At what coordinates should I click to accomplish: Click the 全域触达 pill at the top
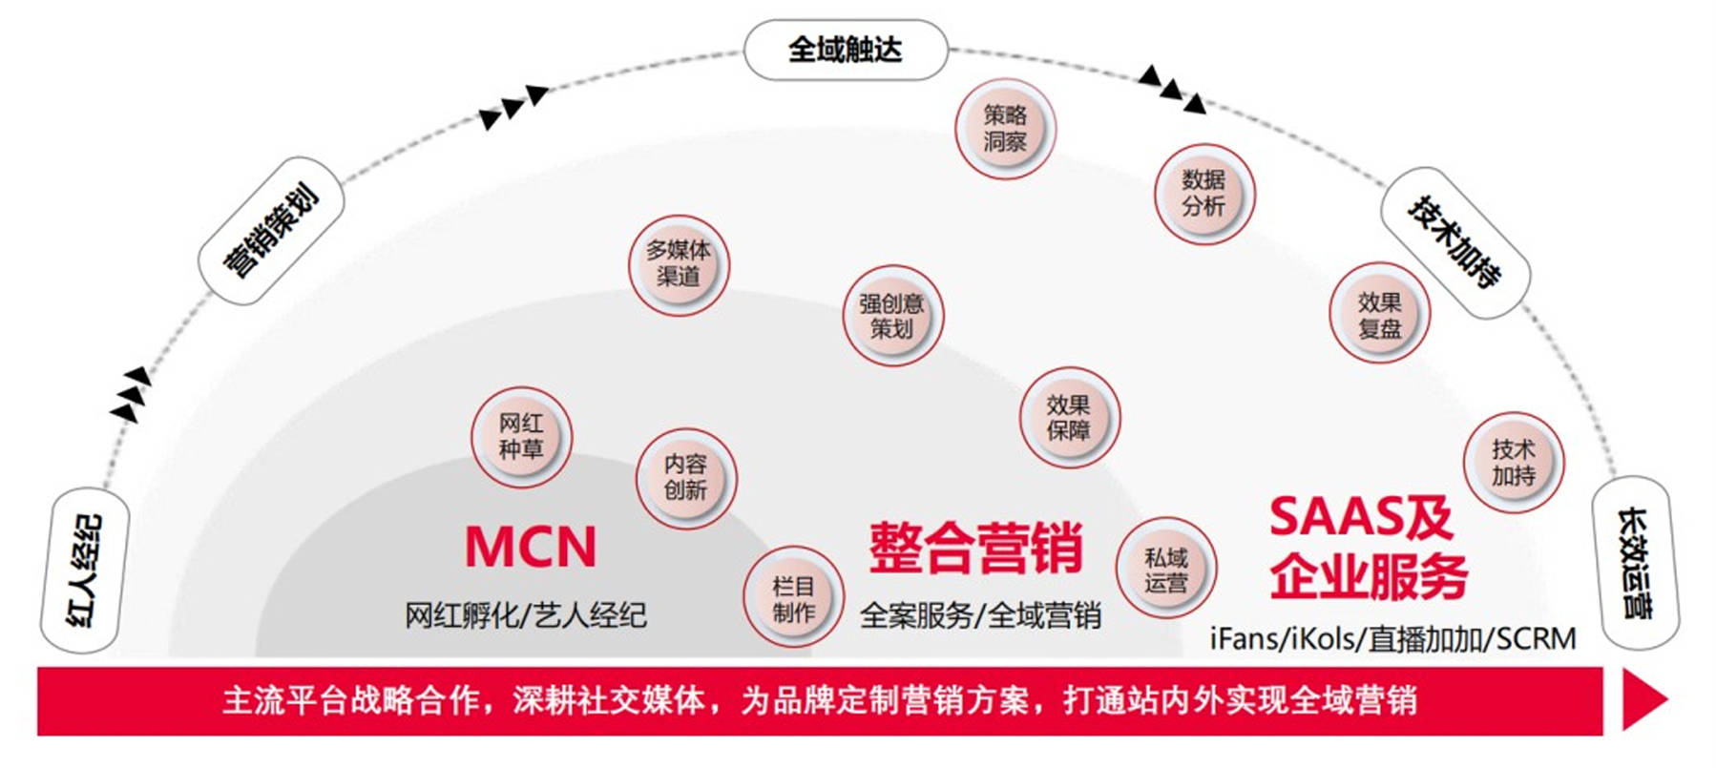click(845, 50)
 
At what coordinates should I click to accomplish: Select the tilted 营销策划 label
click(270, 231)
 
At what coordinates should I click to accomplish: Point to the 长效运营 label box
click(1635, 563)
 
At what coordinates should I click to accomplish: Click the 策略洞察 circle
click(1005, 129)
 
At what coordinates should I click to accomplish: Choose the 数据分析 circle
click(1203, 194)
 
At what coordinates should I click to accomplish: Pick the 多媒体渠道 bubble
click(679, 264)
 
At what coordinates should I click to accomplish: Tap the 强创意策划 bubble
click(892, 316)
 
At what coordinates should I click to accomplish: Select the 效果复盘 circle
click(1379, 316)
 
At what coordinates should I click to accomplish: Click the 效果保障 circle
click(1069, 418)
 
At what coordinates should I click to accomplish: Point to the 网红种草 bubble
click(521, 437)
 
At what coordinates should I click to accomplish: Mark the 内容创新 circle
click(686, 477)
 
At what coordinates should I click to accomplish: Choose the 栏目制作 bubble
click(793, 599)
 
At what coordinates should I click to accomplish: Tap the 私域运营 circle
click(1165, 570)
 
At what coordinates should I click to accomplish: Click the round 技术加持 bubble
click(1513, 462)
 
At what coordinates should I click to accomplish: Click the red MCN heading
click(531, 547)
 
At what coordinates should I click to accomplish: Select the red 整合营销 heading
click(975, 548)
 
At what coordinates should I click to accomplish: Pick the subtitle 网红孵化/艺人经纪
click(526, 615)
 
